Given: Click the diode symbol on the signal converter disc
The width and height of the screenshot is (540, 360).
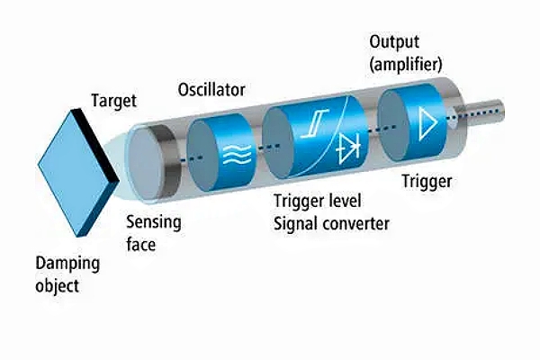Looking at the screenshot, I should [x=347, y=152].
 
